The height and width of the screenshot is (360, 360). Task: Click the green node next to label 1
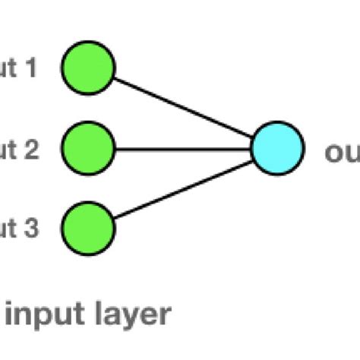point(87,69)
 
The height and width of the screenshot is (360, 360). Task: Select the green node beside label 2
point(87,148)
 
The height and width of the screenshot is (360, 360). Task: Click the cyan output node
point(277,149)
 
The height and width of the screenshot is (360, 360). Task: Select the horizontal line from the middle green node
point(182,148)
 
